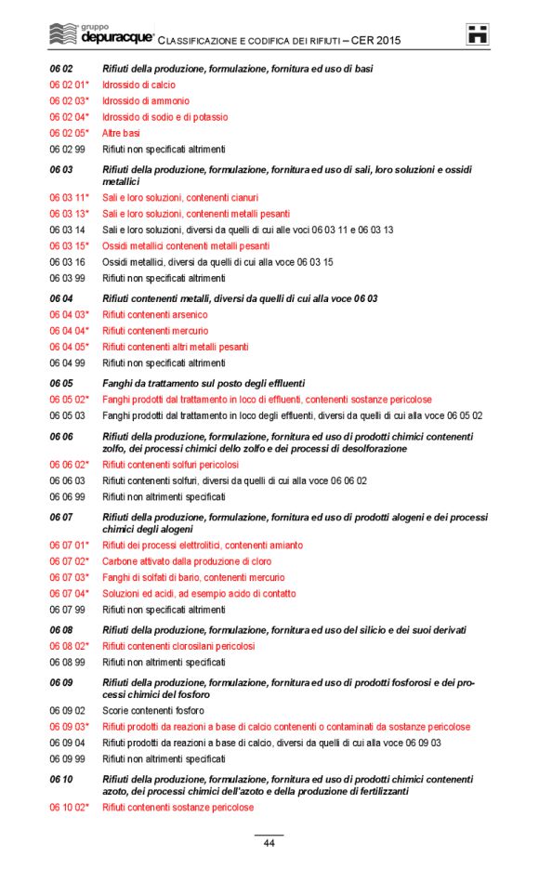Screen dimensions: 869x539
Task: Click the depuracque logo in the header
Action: pos(100,35)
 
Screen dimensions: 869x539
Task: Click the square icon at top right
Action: pos(478,35)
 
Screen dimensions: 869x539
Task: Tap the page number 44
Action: pos(269,843)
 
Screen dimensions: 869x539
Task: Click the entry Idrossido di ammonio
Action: pos(145,101)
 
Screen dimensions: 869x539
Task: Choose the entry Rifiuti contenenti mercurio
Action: pos(155,331)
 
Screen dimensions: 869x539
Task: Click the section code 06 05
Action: pos(60,383)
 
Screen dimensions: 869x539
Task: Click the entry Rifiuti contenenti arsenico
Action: pos(155,315)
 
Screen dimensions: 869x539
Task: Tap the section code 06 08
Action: pos(60,630)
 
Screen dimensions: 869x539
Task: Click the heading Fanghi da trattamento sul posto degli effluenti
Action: pos(204,383)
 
